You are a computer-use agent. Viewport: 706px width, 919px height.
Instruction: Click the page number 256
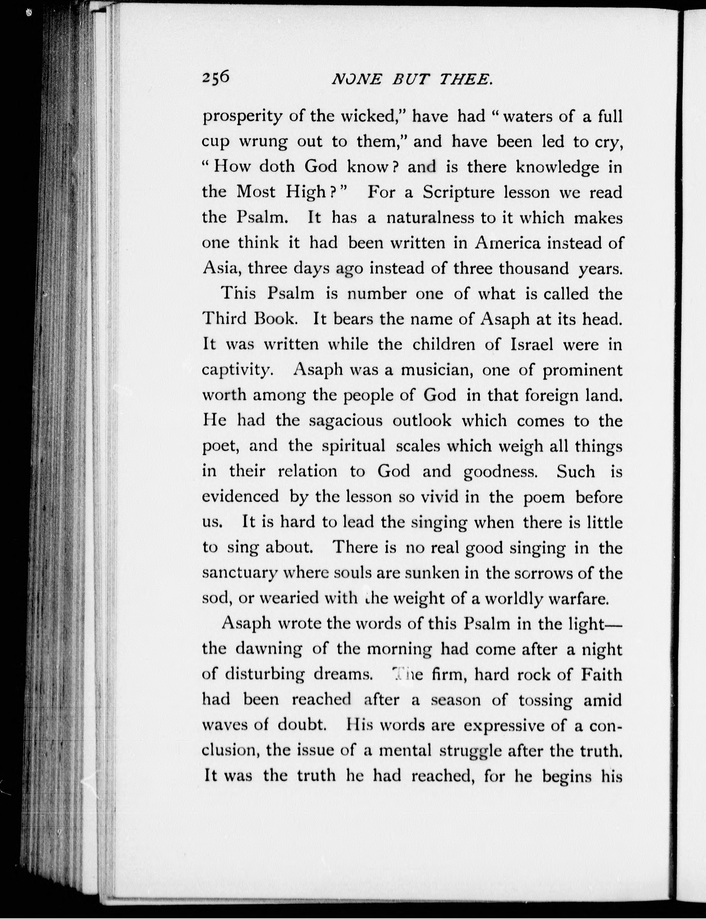pos(216,78)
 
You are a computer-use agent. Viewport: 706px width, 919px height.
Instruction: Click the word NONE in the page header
pos(356,80)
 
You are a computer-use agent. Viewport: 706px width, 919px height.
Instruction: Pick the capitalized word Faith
pos(601,674)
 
